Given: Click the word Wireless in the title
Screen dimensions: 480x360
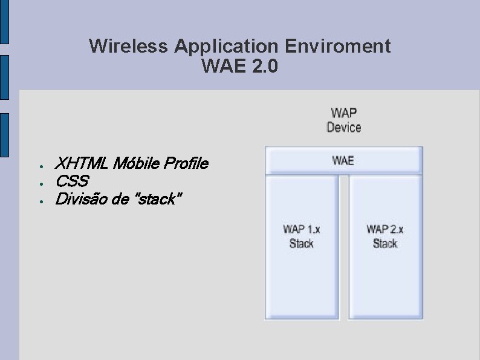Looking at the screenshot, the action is [x=128, y=46].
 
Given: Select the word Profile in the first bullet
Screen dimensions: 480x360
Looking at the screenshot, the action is [x=187, y=163].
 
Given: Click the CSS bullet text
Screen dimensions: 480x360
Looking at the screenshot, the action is [x=71, y=181].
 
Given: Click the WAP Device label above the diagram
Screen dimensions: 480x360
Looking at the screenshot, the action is [x=343, y=120].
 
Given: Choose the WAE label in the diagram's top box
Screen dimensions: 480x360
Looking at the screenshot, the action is [x=343, y=160].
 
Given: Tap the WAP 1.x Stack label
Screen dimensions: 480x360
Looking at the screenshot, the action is [x=302, y=236].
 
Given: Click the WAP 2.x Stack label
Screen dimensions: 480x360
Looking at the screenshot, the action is [x=385, y=236].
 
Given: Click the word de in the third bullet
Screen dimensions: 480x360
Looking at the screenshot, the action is [x=120, y=198].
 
